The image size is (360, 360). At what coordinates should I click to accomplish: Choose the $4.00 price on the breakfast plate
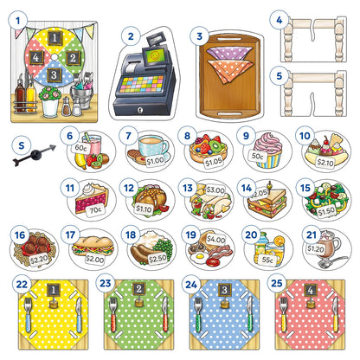click(215, 240)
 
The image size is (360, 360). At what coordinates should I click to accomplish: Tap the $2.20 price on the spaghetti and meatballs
click(40, 257)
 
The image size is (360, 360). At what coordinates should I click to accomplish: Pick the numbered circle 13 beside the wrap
click(188, 186)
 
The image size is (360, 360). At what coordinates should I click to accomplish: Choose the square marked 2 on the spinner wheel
click(74, 59)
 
